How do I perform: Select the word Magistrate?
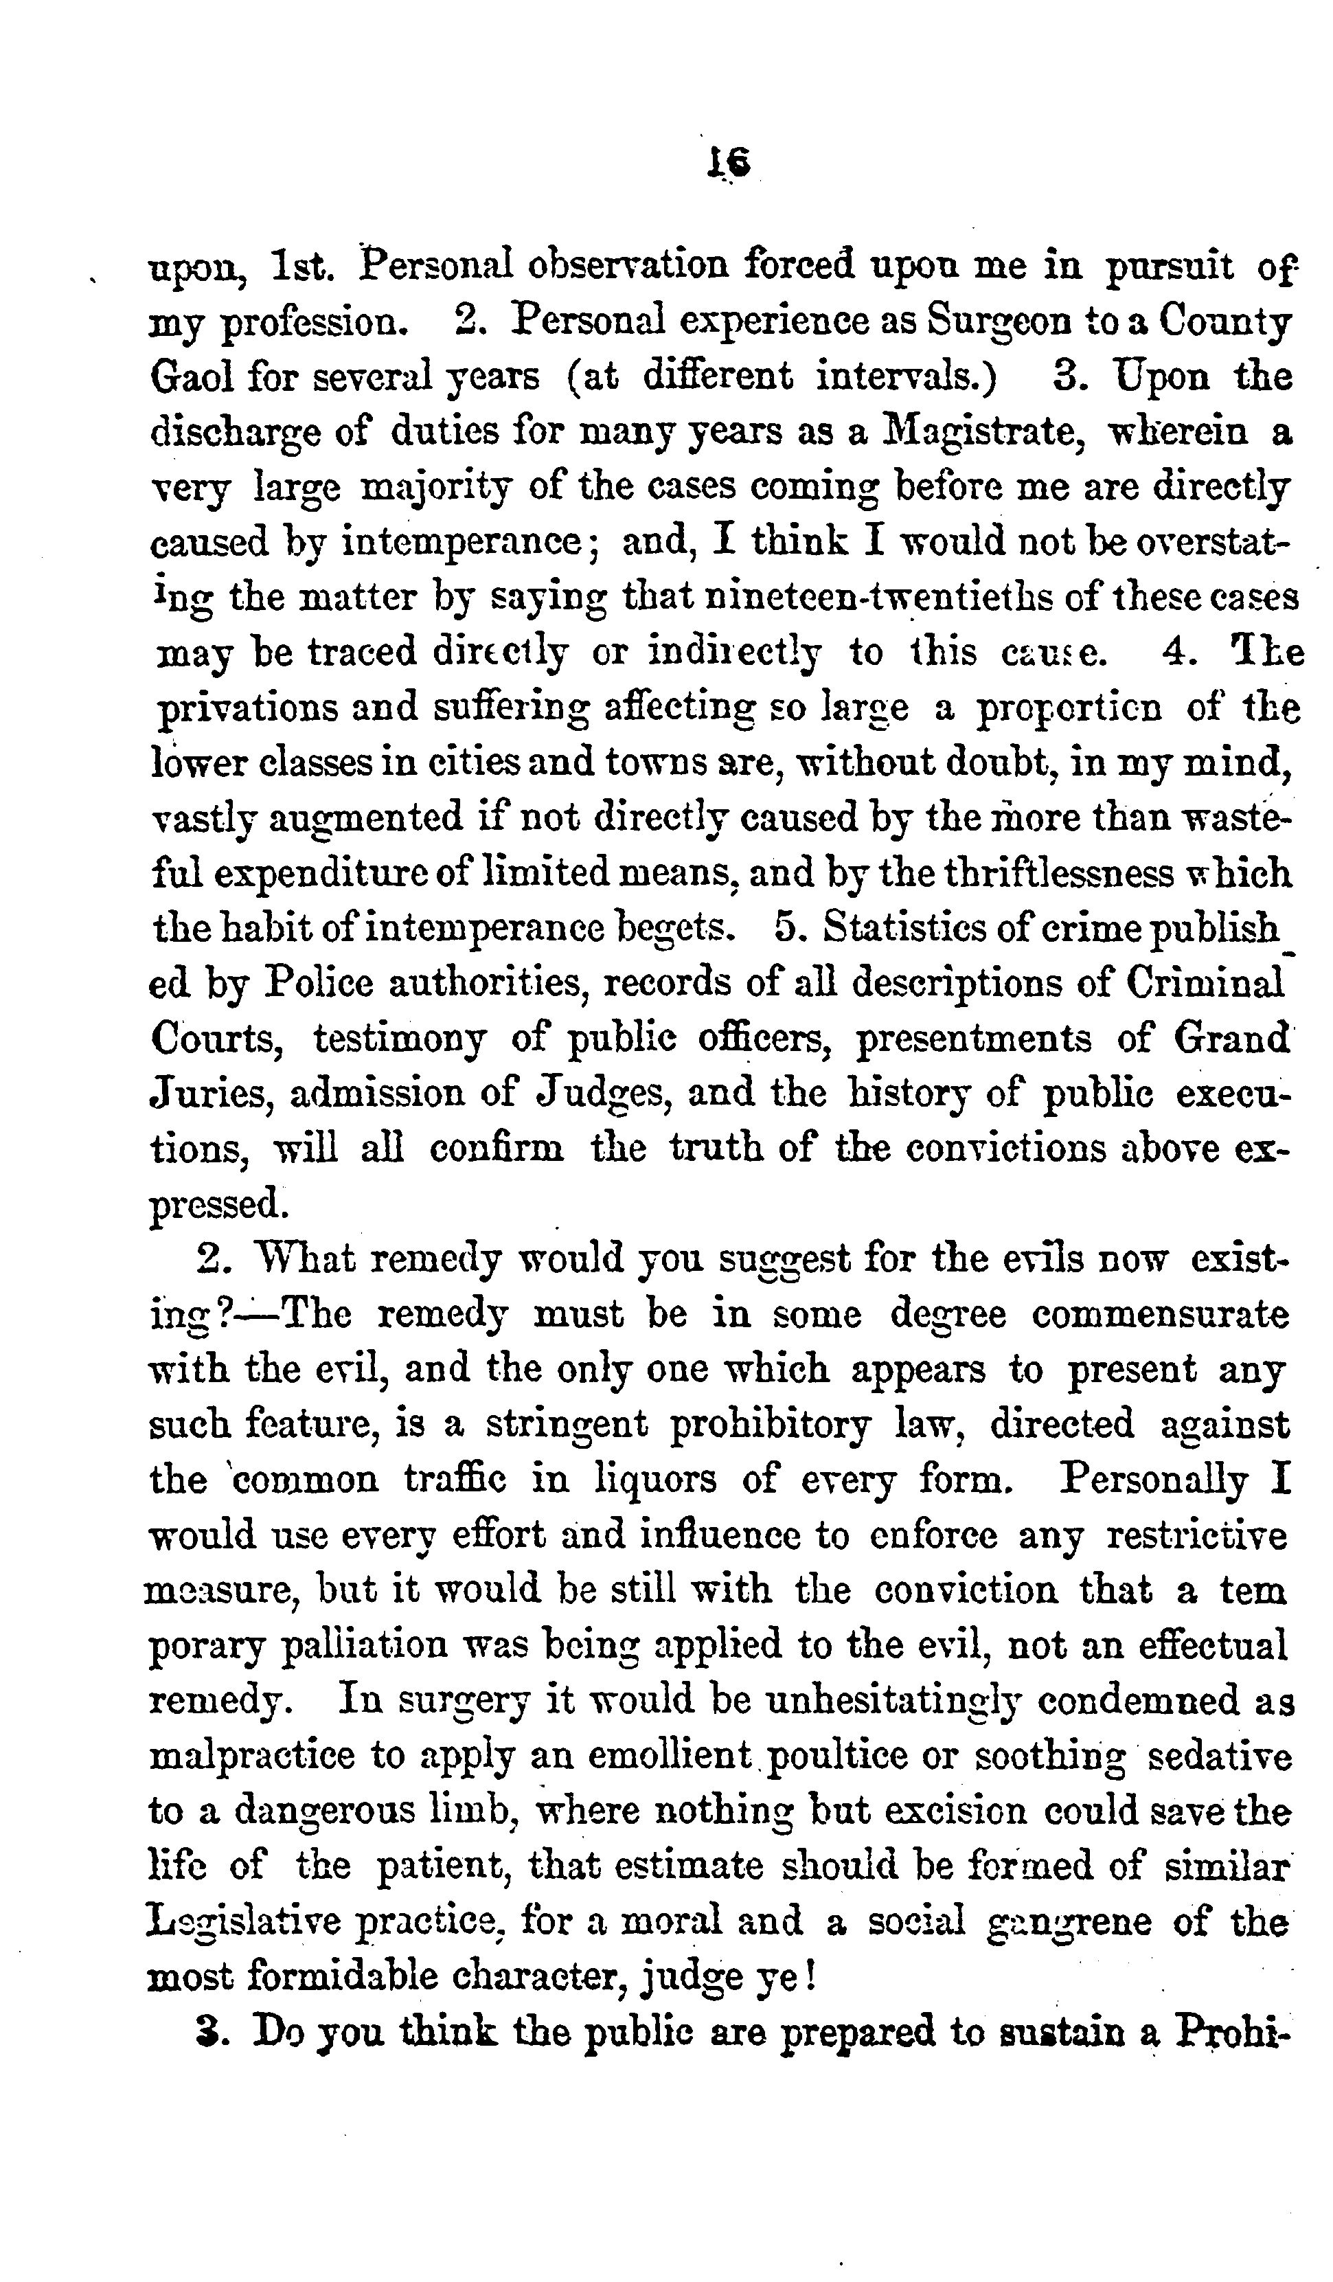click(x=983, y=433)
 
